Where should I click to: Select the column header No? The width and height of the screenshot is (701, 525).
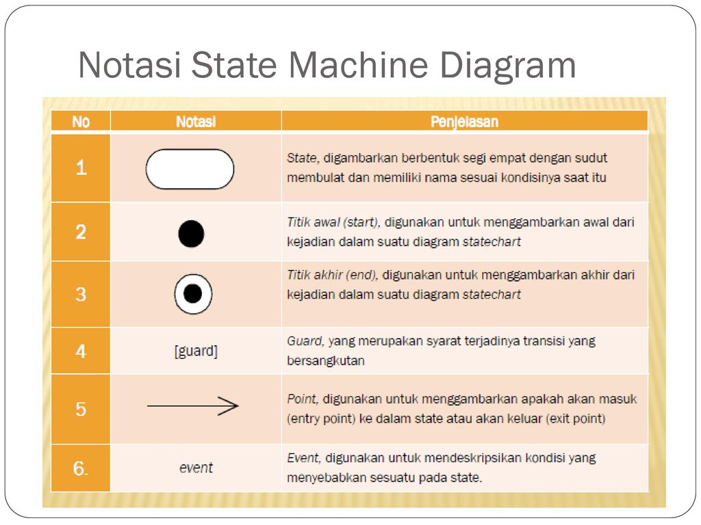pos(81,122)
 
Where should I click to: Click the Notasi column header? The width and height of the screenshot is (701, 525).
pos(196,122)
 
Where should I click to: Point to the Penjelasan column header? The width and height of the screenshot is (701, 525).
pos(464,122)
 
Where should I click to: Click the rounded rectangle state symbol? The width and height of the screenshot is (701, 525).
pos(190,170)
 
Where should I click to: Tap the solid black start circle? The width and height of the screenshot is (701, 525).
pos(192,234)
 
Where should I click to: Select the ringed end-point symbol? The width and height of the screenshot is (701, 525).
pos(193,294)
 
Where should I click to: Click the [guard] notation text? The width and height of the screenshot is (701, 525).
pos(196,351)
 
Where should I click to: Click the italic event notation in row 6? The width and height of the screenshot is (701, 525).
pos(196,468)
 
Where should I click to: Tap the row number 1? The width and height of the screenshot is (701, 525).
pos(81,168)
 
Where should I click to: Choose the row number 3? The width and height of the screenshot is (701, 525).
pos(81,294)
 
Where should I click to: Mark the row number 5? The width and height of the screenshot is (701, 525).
pos(81,409)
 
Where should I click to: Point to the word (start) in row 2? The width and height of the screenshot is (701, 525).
pos(361,222)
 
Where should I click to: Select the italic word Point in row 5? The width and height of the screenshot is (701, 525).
pos(303,399)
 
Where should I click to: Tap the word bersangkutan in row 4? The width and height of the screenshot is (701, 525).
pos(325,361)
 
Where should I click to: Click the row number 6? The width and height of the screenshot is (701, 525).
pos(81,468)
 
